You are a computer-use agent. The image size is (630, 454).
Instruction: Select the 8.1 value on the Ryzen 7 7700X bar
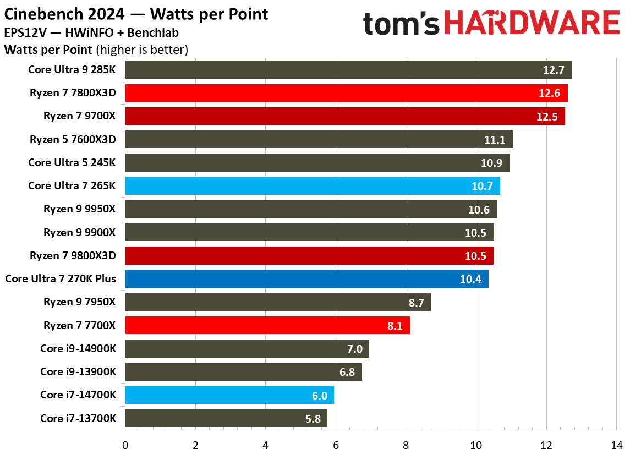point(395,326)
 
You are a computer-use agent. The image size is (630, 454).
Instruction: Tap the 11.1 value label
point(495,140)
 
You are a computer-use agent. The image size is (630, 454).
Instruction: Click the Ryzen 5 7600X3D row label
point(73,140)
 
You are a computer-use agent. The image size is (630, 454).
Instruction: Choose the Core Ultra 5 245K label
point(72,163)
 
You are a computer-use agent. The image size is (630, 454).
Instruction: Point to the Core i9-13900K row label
point(78,372)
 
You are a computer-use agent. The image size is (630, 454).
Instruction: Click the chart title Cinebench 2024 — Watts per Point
point(136,14)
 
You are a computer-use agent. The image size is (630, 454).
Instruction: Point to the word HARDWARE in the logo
point(532,24)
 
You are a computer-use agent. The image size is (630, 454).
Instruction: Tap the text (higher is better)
point(142,50)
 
